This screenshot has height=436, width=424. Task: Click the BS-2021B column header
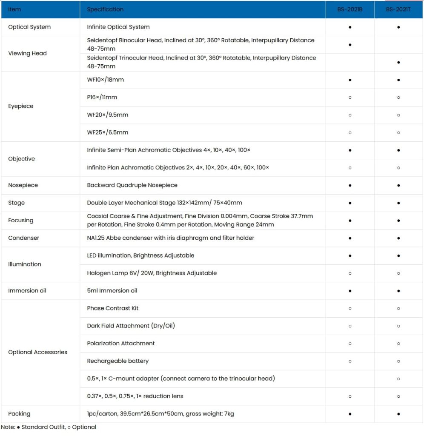tap(350, 9)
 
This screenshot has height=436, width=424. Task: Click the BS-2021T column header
tap(398, 9)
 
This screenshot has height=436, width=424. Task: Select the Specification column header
tap(105, 9)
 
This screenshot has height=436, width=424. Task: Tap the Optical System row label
tap(29, 27)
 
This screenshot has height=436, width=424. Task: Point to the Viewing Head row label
tap(27, 53)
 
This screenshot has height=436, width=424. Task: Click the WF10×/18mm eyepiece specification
tap(105, 80)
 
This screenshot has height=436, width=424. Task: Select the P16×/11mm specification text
tap(102, 97)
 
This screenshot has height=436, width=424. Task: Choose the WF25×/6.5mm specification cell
tap(107, 132)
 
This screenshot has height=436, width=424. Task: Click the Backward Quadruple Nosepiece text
tap(132, 185)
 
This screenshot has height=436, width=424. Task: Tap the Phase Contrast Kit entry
tap(112, 308)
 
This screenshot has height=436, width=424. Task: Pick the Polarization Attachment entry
tap(120, 343)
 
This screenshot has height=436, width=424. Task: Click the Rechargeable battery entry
tap(117, 361)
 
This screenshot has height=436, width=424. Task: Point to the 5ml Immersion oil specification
tap(112, 291)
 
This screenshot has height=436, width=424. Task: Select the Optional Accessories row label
tap(37, 352)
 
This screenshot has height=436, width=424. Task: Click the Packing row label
tap(19, 413)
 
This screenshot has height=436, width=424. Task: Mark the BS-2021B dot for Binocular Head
tap(350, 44)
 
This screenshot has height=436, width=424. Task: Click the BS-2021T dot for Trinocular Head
tap(398, 62)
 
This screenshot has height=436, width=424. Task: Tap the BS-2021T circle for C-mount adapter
tap(398, 379)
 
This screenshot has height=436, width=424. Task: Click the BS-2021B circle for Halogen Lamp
tap(350, 273)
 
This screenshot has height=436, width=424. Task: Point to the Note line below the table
tap(49, 427)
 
